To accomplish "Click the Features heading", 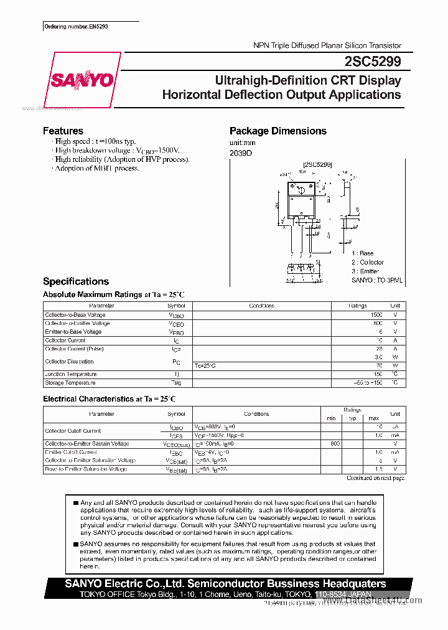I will click(x=63, y=131).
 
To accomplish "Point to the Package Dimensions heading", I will click(x=278, y=131).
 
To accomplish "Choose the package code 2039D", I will click(x=241, y=153).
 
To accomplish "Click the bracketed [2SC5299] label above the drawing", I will click(x=317, y=164).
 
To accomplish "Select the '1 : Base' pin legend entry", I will click(x=362, y=253).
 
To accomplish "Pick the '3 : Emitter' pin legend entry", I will click(x=365, y=271).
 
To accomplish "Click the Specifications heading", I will click(x=76, y=281).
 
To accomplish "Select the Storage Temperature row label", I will click(x=70, y=383).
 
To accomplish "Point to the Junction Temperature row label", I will click(x=71, y=374).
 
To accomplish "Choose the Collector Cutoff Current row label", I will click(x=73, y=431).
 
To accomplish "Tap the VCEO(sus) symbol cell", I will click(x=176, y=444).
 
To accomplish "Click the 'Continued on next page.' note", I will click(x=375, y=478).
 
